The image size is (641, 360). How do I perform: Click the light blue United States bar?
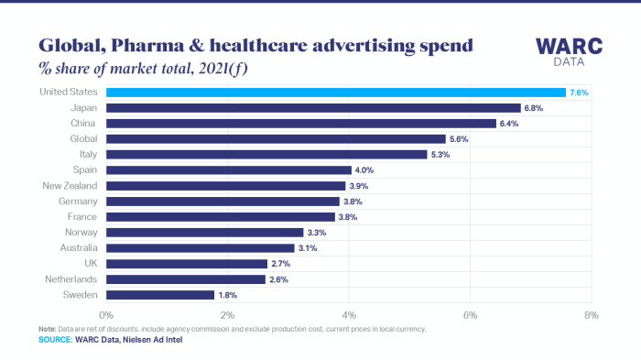[335, 93]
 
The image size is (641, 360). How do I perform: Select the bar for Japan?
[313, 108]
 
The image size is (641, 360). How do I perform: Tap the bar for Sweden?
[160, 295]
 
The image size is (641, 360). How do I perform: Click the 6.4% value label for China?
[511, 124]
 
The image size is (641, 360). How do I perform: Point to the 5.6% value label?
[460, 139]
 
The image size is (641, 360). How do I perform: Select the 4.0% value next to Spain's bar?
[364, 170]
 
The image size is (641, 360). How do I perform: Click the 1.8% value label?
[229, 295]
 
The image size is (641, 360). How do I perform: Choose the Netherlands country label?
[75, 279]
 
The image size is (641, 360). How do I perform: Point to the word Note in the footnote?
[47, 328]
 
